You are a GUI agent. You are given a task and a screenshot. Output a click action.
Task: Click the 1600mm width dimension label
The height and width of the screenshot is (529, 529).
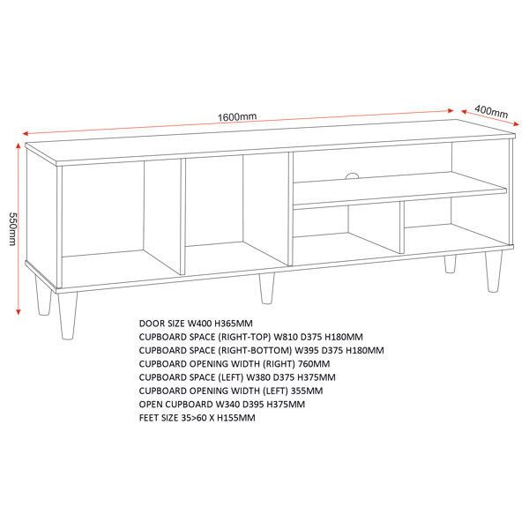click(237, 117)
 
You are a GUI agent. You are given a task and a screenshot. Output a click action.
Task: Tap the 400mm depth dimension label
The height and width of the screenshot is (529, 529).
click(491, 111)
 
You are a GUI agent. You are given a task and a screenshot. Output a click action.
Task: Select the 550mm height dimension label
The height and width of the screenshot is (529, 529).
click(12, 229)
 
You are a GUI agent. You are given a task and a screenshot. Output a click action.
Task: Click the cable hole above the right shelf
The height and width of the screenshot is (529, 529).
click(352, 175)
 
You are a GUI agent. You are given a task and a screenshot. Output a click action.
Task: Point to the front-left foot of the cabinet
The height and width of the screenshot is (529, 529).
click(68, 316)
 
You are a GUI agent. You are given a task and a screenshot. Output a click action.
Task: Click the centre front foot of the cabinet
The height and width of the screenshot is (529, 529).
click(266, 288)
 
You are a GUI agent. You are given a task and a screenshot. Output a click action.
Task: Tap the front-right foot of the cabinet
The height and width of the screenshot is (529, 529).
click(494, 272)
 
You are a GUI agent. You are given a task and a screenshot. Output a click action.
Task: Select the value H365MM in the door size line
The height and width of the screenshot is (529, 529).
click(234, 324)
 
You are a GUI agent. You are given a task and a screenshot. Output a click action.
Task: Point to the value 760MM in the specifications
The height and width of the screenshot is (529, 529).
click(314, 364)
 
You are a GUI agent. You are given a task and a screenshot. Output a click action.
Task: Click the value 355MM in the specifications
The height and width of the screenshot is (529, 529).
click(307, 391)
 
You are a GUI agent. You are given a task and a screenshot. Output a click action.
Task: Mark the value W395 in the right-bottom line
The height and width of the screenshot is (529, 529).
click(307, 351)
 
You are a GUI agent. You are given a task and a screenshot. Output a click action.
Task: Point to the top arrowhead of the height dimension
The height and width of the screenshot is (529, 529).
click(19, 145)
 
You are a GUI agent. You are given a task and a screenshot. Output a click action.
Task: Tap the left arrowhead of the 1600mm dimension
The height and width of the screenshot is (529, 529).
click(26, 133)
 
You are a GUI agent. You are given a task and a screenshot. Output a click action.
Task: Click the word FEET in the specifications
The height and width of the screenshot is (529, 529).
click(148, 418)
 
